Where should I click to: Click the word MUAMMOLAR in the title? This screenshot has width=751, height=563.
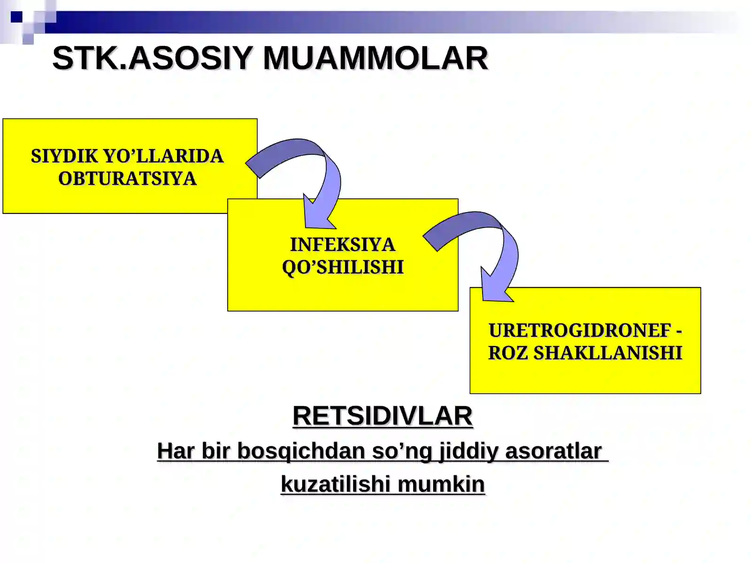click(x=375, y=59)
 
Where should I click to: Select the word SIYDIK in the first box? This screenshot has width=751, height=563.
click(x=64, y=156)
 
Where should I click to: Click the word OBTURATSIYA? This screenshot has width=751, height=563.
click(x=127, y=179)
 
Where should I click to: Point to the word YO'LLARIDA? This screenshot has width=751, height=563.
click(x=163, y=156)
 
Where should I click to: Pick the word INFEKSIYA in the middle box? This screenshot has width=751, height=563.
click(x=343, y=245)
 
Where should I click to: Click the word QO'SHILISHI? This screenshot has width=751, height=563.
click(x=343, y=267)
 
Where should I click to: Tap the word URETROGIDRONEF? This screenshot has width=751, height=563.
click(x=580, y=331)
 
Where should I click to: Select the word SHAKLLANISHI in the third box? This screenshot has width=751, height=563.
click(x=608, y=353)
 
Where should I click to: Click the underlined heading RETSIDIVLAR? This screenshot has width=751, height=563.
click(x=383, y=416)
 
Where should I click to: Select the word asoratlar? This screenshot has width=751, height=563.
click(x=553, y=451)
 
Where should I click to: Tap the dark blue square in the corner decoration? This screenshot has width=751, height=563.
click(x=16, y=17)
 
